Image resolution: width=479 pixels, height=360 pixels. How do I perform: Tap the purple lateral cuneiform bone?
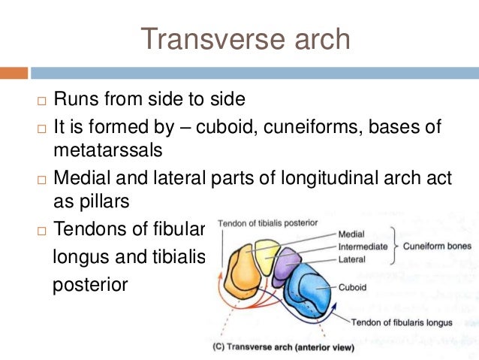[x=288, y=266]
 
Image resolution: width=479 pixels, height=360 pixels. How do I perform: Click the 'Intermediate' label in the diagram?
[x=362, y=247]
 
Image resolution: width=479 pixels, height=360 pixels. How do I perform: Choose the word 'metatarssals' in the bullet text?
[x=107, y=150]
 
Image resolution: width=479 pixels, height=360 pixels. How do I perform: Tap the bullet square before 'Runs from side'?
[x=40, y=101]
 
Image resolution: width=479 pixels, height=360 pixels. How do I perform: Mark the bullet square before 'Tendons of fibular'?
[x=40, y=230]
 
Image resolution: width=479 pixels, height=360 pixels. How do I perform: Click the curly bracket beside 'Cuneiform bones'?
[x=394, y=246]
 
